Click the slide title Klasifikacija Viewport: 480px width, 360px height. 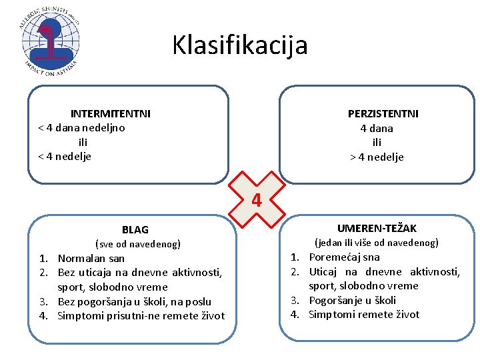click(240, 45)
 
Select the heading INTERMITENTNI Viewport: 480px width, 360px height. click(111, 113)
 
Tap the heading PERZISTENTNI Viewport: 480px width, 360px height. click(383, 114)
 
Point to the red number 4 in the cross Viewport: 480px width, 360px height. click(257, 199)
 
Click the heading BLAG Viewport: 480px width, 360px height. click(135, 230)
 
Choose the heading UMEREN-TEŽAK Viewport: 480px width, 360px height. click(377, 229)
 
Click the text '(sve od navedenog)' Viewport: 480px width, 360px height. click(138, 244)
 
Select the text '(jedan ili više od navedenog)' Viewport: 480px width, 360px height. click(376, 243)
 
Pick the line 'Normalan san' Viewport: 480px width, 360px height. click(91, 258)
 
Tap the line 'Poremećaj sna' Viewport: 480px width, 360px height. click(344, 257)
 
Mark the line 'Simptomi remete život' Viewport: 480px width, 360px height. click(364, 315)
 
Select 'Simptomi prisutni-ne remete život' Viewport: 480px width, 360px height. click(141, 316)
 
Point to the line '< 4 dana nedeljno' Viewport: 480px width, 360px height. click(81, 127)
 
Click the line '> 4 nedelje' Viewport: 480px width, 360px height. click(377, 157)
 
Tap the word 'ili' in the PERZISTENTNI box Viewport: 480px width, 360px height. click(377, 143)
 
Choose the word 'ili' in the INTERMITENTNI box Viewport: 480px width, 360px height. click(83, 142)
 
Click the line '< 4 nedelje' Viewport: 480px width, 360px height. click(65, 157)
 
